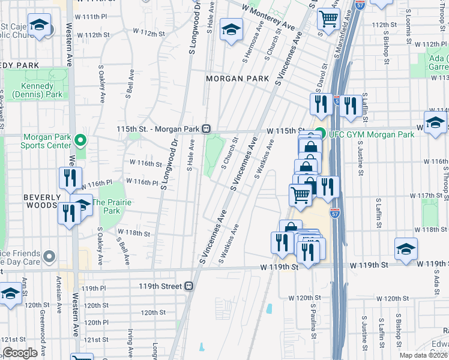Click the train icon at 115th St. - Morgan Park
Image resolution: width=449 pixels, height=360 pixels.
tap(206, 128)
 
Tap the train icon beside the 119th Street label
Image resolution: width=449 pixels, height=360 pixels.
tap(188, 286)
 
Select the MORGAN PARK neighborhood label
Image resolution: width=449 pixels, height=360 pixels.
tap(233, 79)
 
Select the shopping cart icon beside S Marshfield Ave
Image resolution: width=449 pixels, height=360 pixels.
tap(328, 19)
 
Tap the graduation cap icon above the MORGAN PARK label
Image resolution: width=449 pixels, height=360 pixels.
tap(231, 29)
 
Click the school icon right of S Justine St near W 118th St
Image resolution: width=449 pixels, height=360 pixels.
tap(406, 248)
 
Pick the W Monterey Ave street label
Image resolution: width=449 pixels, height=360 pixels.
tap(269, 17)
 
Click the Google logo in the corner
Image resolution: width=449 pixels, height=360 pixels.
tap(20, 353)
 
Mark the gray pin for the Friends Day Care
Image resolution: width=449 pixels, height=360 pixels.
tap(49, 257)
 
